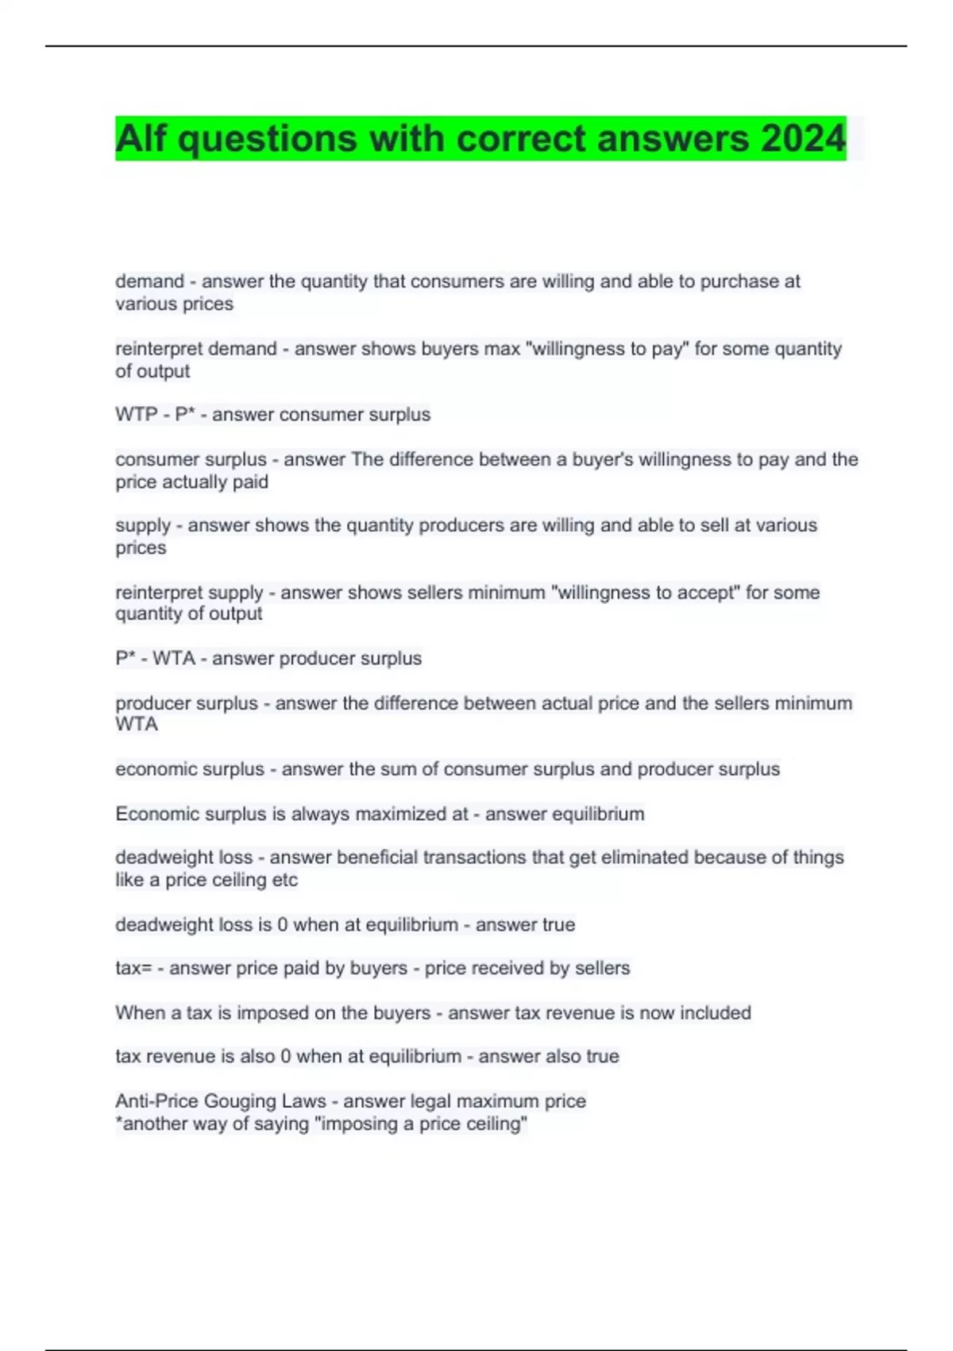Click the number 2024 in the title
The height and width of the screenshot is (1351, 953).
tap(803, 138)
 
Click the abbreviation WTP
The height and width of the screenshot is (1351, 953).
tap(137, 415)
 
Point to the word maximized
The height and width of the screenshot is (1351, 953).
tap(400, 814)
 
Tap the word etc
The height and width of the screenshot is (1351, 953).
tap(285, 880)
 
